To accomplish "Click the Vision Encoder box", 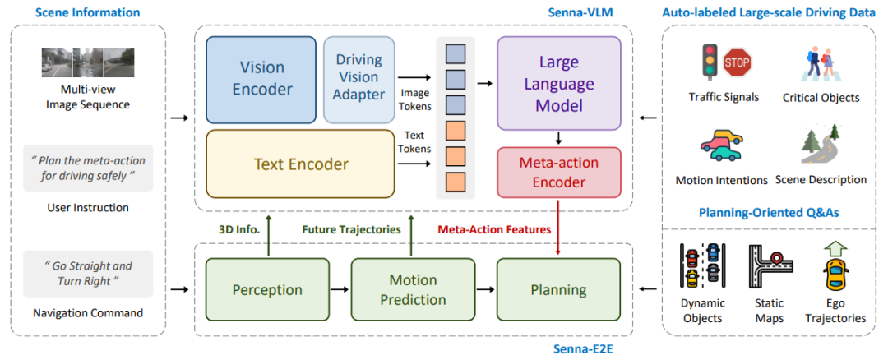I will click(261, 80).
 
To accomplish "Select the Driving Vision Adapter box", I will click(358, 77).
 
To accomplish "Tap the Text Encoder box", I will click(300, 164).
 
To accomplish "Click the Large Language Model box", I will click(559, 85).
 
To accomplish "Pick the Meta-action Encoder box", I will click(559, 173).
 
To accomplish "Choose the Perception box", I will click(266, 289).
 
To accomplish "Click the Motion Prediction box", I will click(413, 289).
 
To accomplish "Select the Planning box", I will click(559, 289).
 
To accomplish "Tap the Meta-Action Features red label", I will click(493, 229).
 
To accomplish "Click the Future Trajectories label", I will click(351, 229).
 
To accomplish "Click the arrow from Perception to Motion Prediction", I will click(338, 289).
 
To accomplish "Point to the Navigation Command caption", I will click(88, 312).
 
